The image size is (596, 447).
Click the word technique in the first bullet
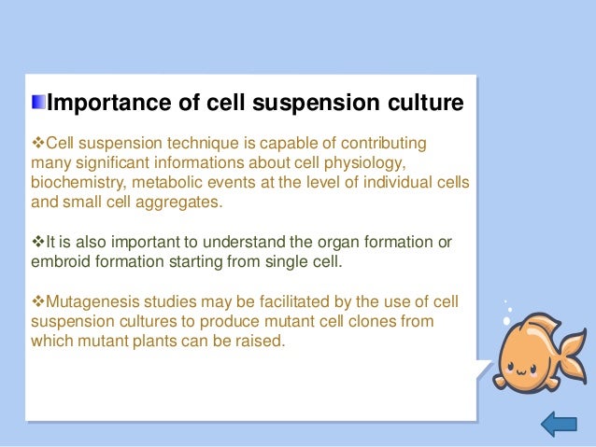192,144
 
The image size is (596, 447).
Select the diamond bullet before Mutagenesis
37,303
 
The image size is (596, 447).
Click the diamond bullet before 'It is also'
37,242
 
